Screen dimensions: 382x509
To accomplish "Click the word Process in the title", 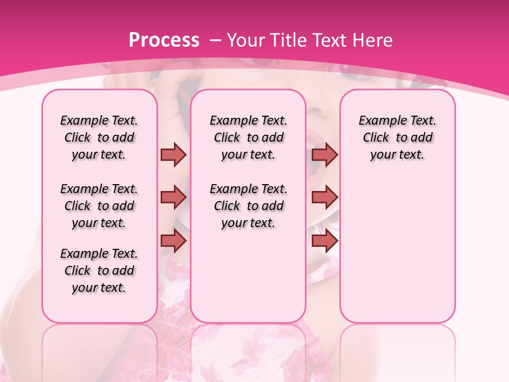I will pyautogui.click(x=164, y=40).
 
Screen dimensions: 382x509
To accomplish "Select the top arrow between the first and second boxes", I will pyautogui.click(x=173, y=154).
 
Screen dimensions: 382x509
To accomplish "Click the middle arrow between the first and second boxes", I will pyautogui.click(x=173, y=197).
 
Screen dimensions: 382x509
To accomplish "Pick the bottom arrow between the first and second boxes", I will pyautogui.click(x=173, y=240).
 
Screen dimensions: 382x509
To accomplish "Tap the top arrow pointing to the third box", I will pyautogui.click(x=324, y=154).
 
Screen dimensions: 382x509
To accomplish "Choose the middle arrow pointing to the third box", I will pyautogui.click(x=324, y=197).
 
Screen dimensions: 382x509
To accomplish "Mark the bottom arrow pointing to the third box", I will pyautogui.click(x=324, y=240).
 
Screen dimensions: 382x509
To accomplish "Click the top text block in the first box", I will pyautogui.click(x=99, y=137).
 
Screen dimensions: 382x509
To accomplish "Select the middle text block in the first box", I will pyautogui.click(x=99, y=206).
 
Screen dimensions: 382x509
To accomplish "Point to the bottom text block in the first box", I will pyautogui.click(x=99, y=271).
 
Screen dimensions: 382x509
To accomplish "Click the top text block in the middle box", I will pyautogui.click(x=249, y=137).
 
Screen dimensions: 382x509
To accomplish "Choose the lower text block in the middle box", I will pyautogui.click(x=249, y=206).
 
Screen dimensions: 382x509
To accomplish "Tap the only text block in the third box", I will pyautogui.click(x=398, y=137).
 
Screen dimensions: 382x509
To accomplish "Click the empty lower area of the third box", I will pyautogui.click(x=398, y=255).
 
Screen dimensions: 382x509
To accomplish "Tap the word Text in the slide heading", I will pyautogui.click(x=331, y=40).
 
